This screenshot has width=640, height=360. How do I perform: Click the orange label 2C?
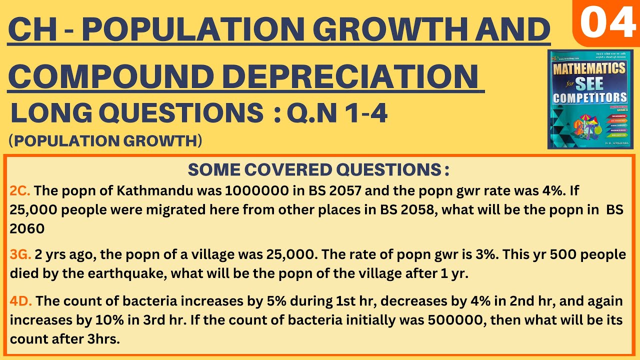(20, 190)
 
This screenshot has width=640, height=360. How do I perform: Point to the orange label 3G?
(20, 255)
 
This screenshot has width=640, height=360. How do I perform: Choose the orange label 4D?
(21, 301)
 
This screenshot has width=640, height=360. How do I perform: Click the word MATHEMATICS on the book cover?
(589, 67)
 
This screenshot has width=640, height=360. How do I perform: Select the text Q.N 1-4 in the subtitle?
(337, 114)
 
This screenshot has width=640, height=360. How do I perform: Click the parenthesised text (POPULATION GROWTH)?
(105, 141)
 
